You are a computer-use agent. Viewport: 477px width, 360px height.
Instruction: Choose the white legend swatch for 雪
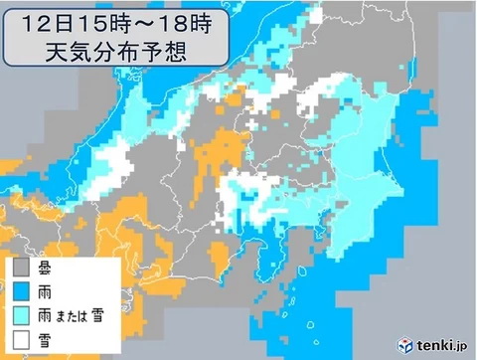[x=20, y=337]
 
